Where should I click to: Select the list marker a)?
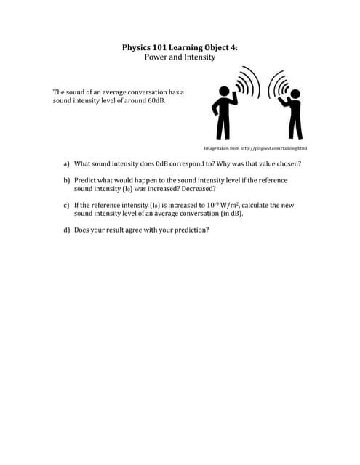click(66, 164)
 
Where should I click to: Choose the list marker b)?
click(66, 180)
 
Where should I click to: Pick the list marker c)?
click(66, 206)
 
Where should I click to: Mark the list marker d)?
click(66, 230)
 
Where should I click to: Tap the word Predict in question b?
click(86, 180)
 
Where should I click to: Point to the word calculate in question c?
click(258, 206)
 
